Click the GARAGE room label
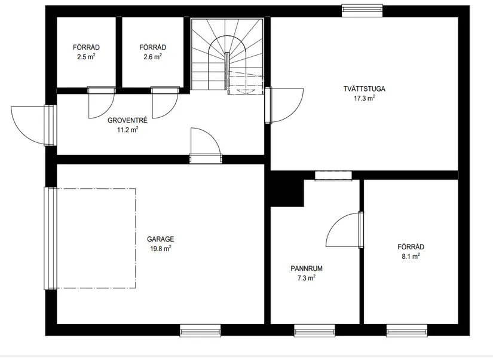point(160,239)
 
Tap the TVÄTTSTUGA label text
point(364,89)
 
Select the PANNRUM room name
point(307,269)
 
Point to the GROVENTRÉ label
point(127,120)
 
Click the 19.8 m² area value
point(160,249)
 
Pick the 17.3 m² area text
point(365,98)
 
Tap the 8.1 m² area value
point(411,256)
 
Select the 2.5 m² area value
point(86,57)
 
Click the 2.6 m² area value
point(153,57)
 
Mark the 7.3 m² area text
point(307,278)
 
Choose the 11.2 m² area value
point(128,130)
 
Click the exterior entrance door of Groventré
point(34,125)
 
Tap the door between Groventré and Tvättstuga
point(284,105)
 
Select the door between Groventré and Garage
point(206,145)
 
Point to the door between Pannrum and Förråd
point(345,230)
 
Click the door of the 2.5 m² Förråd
point(101,103)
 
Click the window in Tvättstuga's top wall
point(362,10)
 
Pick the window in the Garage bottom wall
point(200,331)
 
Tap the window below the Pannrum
point(314,331)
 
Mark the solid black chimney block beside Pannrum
point(287,189)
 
